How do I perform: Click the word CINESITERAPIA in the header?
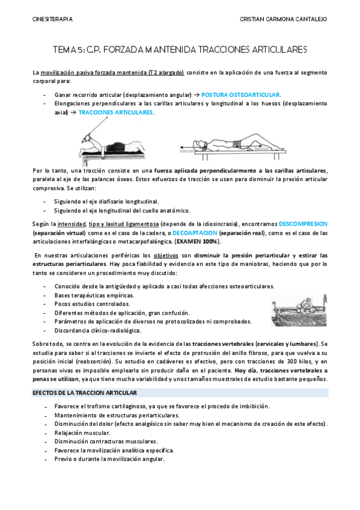coord(52,19)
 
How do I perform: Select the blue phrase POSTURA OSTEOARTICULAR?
coord(240,95)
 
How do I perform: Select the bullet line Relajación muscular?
coord(81,432)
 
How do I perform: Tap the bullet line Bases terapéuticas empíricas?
coord(94,295)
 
